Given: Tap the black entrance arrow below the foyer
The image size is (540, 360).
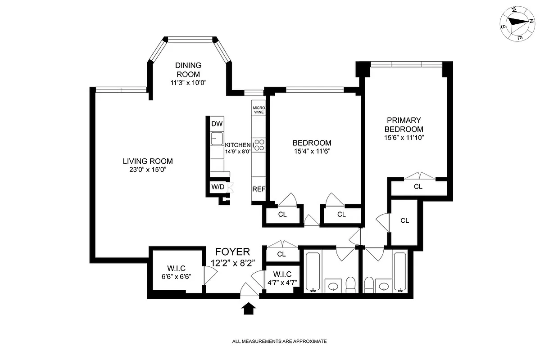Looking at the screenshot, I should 249,308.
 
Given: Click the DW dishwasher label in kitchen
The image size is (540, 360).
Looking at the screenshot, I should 217,124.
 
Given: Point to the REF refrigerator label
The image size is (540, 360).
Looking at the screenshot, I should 259,189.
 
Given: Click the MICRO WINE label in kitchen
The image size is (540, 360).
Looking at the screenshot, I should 258,110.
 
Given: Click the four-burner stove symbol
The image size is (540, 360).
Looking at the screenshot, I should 259,145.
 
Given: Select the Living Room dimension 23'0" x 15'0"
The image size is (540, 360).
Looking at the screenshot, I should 148,170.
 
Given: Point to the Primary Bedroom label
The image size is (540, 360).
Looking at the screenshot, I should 404,125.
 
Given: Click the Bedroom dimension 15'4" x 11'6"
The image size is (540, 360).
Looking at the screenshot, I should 312,151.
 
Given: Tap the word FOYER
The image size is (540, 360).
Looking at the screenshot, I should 232,252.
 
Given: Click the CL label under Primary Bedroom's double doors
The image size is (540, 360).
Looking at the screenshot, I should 418,187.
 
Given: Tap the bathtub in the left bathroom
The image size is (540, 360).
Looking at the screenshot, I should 313,272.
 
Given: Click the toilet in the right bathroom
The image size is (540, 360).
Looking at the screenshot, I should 368,284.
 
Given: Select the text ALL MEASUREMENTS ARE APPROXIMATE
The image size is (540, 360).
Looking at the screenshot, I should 279,342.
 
